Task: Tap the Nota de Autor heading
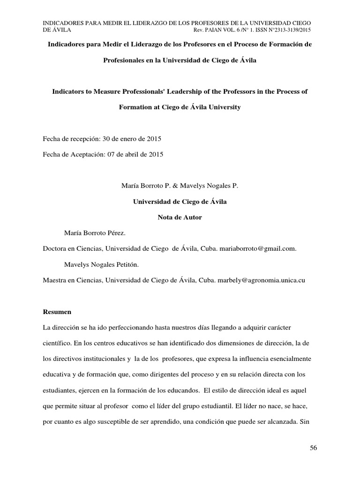click(x=180, y=217)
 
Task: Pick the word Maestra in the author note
click(x=54, y=280)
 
